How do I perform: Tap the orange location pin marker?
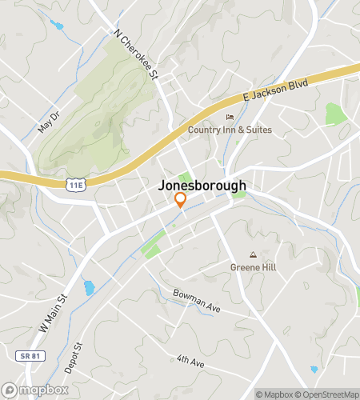181,202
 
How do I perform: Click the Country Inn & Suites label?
230,130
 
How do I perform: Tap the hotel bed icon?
230,118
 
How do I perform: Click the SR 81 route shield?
27,354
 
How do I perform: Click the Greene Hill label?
253,267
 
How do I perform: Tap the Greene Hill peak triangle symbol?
253,255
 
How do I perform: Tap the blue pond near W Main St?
89,287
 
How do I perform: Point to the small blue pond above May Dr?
57,25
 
